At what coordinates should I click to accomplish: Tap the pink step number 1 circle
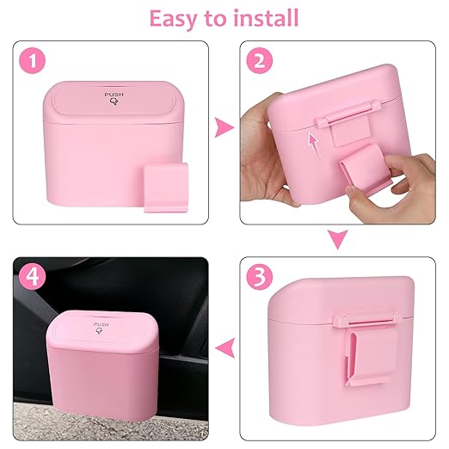31,63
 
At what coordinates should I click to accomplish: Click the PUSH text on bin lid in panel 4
101,326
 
